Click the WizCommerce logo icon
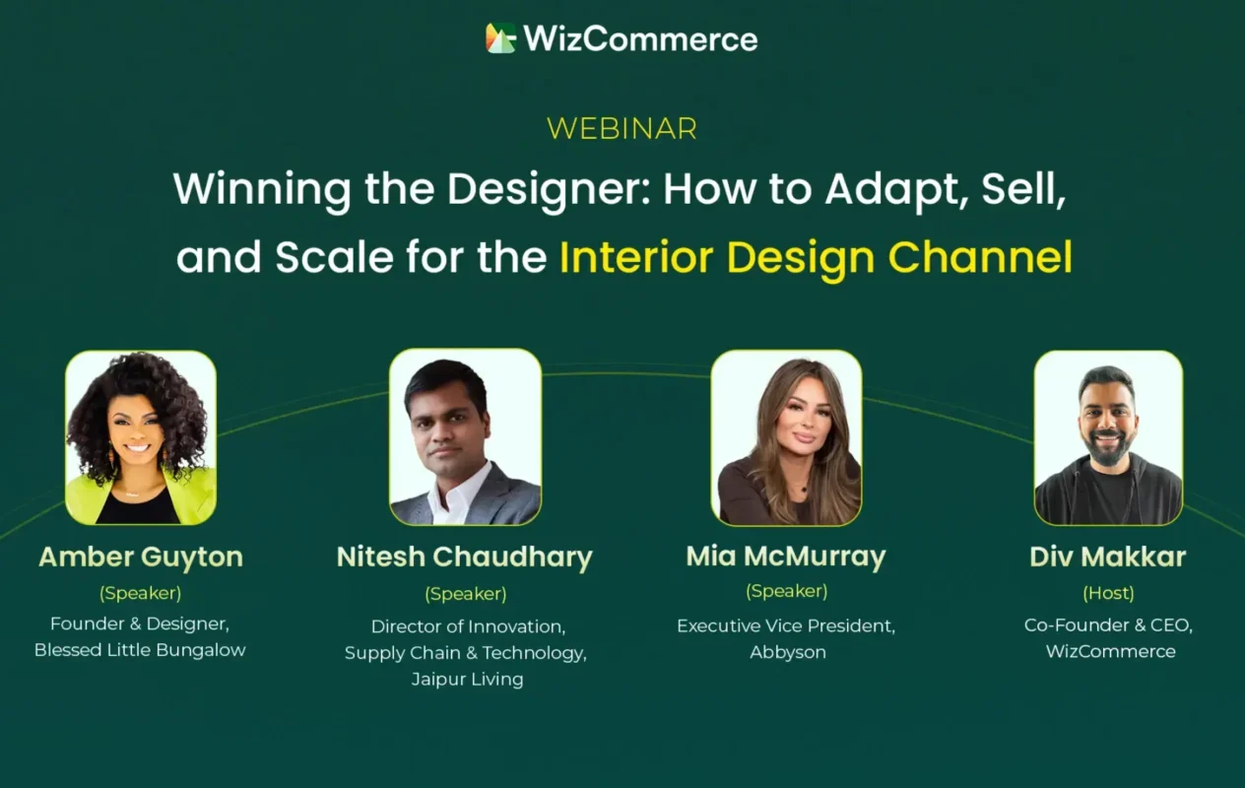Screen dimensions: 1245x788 click(500, 38)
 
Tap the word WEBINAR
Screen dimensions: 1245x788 click(622, 129)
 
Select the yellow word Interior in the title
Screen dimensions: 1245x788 click(636, 257)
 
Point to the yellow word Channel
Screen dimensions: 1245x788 click(980, 257)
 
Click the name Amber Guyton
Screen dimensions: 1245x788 click(141, 558)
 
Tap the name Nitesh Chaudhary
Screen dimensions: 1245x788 click(465, 558)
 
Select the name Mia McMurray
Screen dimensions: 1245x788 click(786, 557)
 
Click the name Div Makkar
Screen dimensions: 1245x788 click(1108, 557)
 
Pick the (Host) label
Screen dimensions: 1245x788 click(1108, 594)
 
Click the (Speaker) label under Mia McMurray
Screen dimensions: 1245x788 click(786, 591)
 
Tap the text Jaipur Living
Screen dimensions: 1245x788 click(468, 680)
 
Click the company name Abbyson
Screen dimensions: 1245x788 click(788, 652)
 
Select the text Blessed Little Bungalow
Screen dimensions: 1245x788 click(140, 650)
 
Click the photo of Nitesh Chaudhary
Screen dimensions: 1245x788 click(466, 436)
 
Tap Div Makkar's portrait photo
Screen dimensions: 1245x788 click(1108, 437)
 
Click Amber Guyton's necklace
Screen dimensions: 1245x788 click(132, 492)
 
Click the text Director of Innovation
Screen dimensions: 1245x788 click(468, 626)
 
